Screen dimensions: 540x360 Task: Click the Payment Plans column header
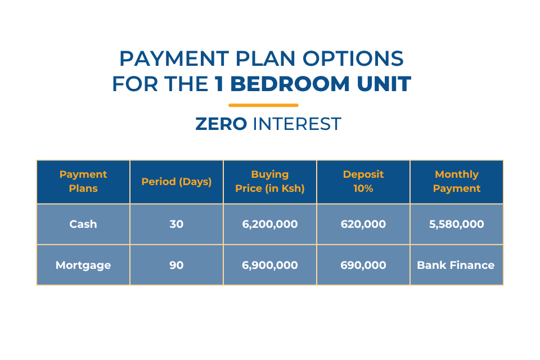tap(83, 181)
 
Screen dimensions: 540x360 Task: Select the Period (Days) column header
tap(176, 182)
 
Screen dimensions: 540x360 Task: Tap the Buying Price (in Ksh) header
tap(270, 181)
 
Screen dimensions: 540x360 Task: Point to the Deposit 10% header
tap(363, 181)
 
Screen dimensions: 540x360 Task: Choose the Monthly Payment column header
tap(457, 181)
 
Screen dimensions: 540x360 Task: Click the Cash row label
tap(83, 224)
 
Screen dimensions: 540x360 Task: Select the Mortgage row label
tap(83, 265)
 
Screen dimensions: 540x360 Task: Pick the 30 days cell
tap(176, 224)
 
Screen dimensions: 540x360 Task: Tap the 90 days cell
tap(176, 265)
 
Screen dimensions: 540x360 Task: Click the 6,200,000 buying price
tap(270, 224)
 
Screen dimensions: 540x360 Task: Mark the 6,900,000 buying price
tap(270, 265)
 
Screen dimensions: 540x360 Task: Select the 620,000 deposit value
tap(363, 224)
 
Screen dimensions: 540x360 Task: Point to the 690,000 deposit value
tap(363, 265)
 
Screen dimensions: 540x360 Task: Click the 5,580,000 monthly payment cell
tap(457, 224)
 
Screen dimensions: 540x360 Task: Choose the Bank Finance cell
tap(456, 265)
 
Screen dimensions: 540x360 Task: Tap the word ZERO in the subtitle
tap(221, 124)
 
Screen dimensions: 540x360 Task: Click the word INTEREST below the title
tap(297, 124)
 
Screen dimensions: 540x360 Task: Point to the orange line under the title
tap(263, 105)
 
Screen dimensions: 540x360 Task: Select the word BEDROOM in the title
tap(290, 84)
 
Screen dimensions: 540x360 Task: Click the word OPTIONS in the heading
tap(353, 58)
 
